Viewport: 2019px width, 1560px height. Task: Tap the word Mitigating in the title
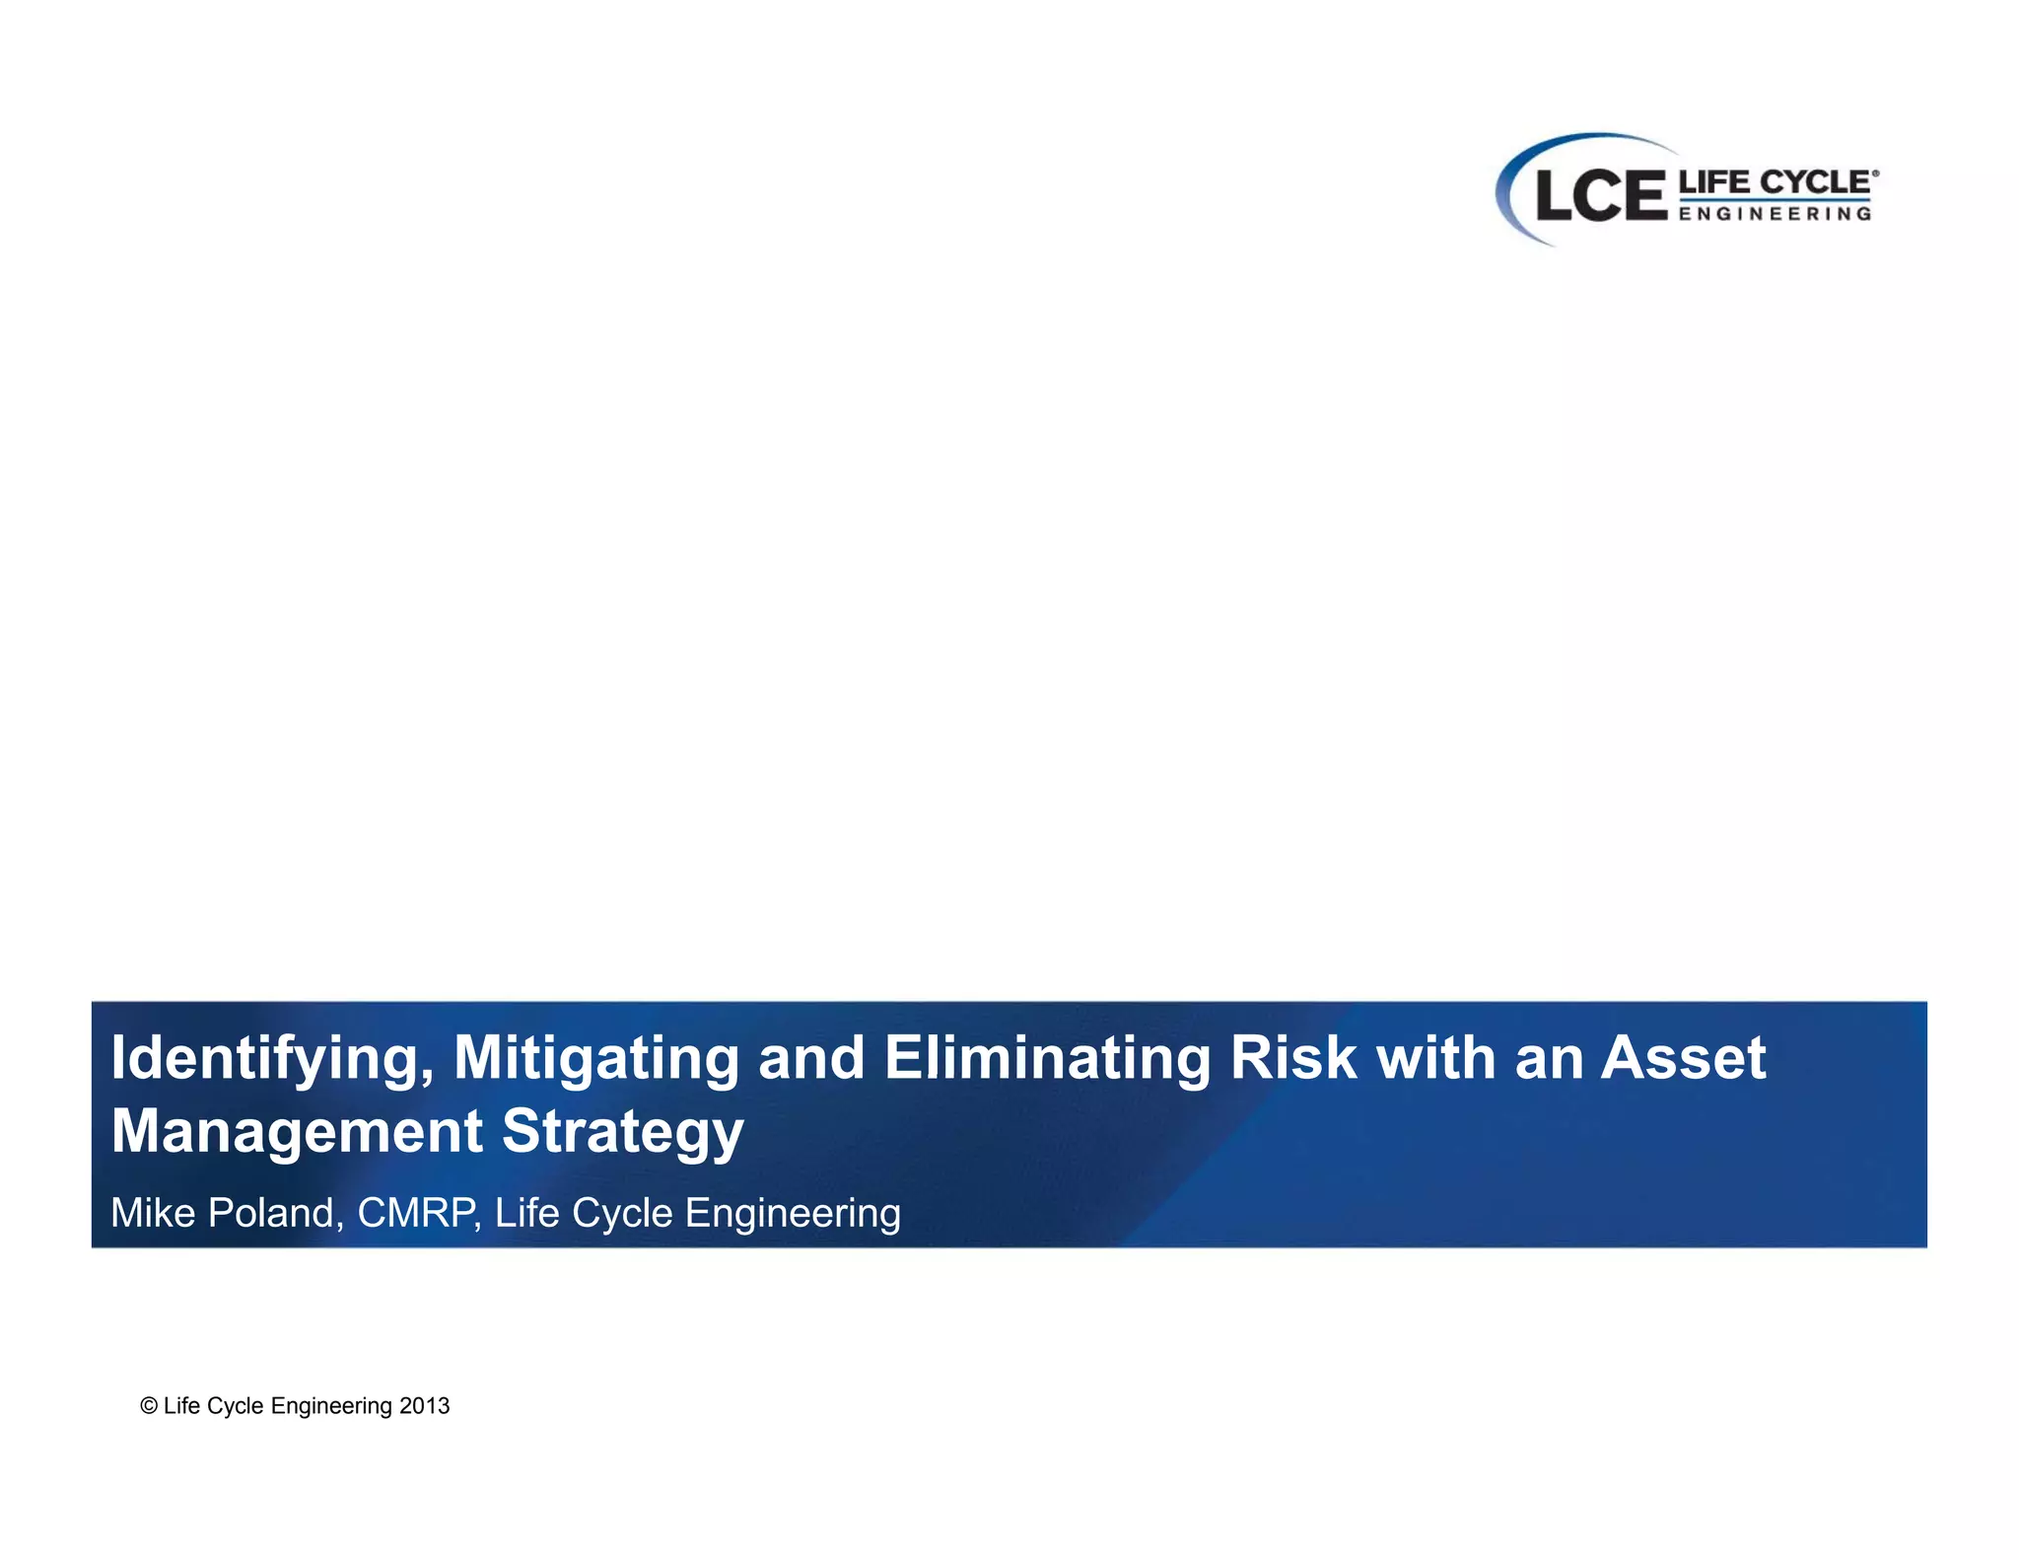pyautogui.click(x=595, y=1059)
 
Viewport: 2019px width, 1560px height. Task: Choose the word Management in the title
pyautogui.click(x=297, y=1131)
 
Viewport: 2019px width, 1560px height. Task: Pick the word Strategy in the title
pyautogui.click(x=622, y=1131)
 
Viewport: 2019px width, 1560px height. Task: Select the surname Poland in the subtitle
pyautogui.click(x=275, y=1213)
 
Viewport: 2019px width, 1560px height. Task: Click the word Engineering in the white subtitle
pyautogui.click(x=793, y=1214)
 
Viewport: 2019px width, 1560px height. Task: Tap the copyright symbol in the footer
pyautogui.click(x=149, y=1406)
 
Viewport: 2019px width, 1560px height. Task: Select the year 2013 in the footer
pyautogui.click(x=424, y=1406)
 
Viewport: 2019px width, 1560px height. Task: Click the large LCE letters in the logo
pyautogui.click(x=1599, y=195)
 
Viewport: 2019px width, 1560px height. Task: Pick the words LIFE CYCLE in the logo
pyautogui.click(x=1774, y=182)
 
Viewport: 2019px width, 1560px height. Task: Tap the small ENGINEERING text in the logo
pyautogui.click(x=1774, y=213)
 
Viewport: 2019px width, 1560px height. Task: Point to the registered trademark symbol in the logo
pyautogui.click(x=1875, y=174)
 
